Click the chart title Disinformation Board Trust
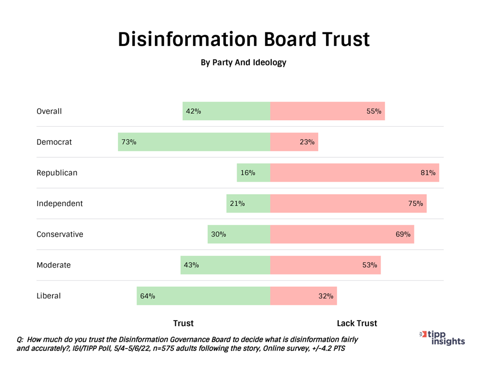point(243,39)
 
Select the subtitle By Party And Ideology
point(243,63)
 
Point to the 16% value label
point(248,173)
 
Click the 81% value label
point(428,173)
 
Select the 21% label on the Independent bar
point(237,203)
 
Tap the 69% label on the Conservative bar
point(403,234)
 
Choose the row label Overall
point(49,111)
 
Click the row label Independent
point(59,203)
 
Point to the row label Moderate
point(53,265)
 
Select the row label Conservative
point(59,234)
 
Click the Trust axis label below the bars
point(183,324)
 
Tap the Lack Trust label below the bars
point(357,324)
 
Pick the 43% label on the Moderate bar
point(191,265)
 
